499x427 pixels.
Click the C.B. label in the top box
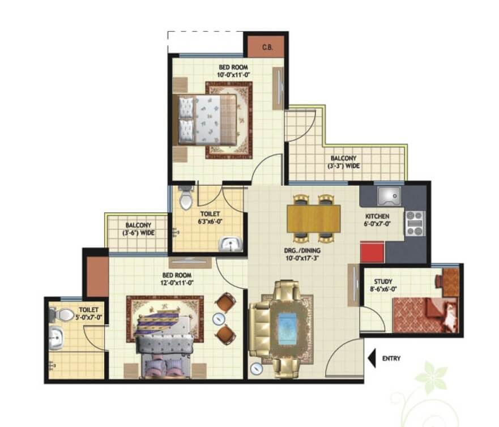pos(267,48)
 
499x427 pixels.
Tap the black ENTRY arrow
pos(372,358)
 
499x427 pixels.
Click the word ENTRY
pos(391,358)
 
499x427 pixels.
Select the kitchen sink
pos(389,196)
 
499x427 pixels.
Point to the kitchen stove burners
pos(415,223)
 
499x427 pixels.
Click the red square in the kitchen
pos(372,252)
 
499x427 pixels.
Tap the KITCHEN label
pos(377,216)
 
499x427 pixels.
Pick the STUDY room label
pos(383,281)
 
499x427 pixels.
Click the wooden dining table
pos(313,219)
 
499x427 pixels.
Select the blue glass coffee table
pos(287,329)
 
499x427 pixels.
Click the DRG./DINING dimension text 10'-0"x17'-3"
pos(302,258)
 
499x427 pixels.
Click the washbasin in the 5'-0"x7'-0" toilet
pos(57,338)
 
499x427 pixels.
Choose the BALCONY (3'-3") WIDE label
pos(343,162)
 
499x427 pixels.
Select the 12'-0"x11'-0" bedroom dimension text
pos(177,283)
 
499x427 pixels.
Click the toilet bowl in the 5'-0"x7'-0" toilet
pos(62,315)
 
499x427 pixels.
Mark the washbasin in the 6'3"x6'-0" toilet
pos(231,244)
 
